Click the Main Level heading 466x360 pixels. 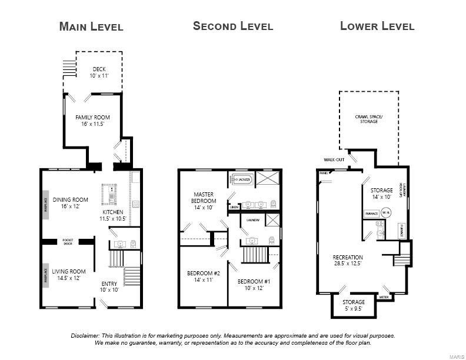click(x=91, y=26)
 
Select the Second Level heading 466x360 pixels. click(x=233, y=26)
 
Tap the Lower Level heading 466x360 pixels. click(x=377, y=26)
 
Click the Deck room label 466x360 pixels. click(x=99, y=72)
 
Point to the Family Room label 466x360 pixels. click(x=92, y=121)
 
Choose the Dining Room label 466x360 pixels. click(x=70, y=203)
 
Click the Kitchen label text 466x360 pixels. click(x=113, y=215)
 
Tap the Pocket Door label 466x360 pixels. click(x=67, y=241)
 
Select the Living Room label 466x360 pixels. click(x=69, y=275)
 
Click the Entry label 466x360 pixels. click(x=109, y=287)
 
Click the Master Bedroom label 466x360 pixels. click(x=203, y=201)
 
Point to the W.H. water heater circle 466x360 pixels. click(x=386, y=212)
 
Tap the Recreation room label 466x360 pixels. click(x=348, y=261)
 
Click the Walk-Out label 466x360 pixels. click(x=334, y=159)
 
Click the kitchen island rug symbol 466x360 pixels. click(x=110, y=193)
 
